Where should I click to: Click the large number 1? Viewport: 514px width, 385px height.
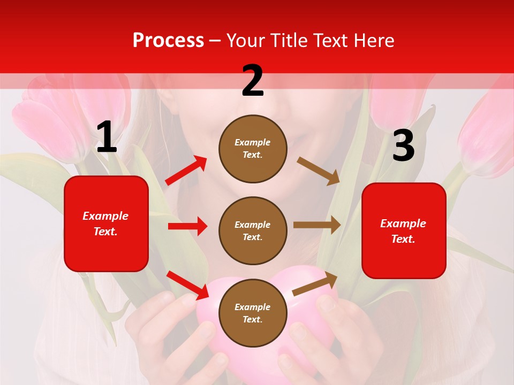tap(107, 137)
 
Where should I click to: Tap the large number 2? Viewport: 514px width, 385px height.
tap(253, 81)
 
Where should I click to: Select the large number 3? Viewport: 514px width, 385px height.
tap(403, 146)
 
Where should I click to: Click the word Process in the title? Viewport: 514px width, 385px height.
tap(168, 40)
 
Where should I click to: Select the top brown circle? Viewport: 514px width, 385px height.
tap(253, 149)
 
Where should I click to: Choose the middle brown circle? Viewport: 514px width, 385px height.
tap(253, 230)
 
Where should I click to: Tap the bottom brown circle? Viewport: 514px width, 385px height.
tap(253, 313)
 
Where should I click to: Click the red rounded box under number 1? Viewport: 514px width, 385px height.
tap(106, 224)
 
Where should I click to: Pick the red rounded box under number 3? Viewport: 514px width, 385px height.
tap(404, 230)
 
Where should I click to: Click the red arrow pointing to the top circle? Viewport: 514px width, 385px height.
tap(186, 170)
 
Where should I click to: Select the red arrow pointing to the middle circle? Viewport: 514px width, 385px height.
tap(187, 226)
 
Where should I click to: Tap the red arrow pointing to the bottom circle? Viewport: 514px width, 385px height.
tap(187, 284)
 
